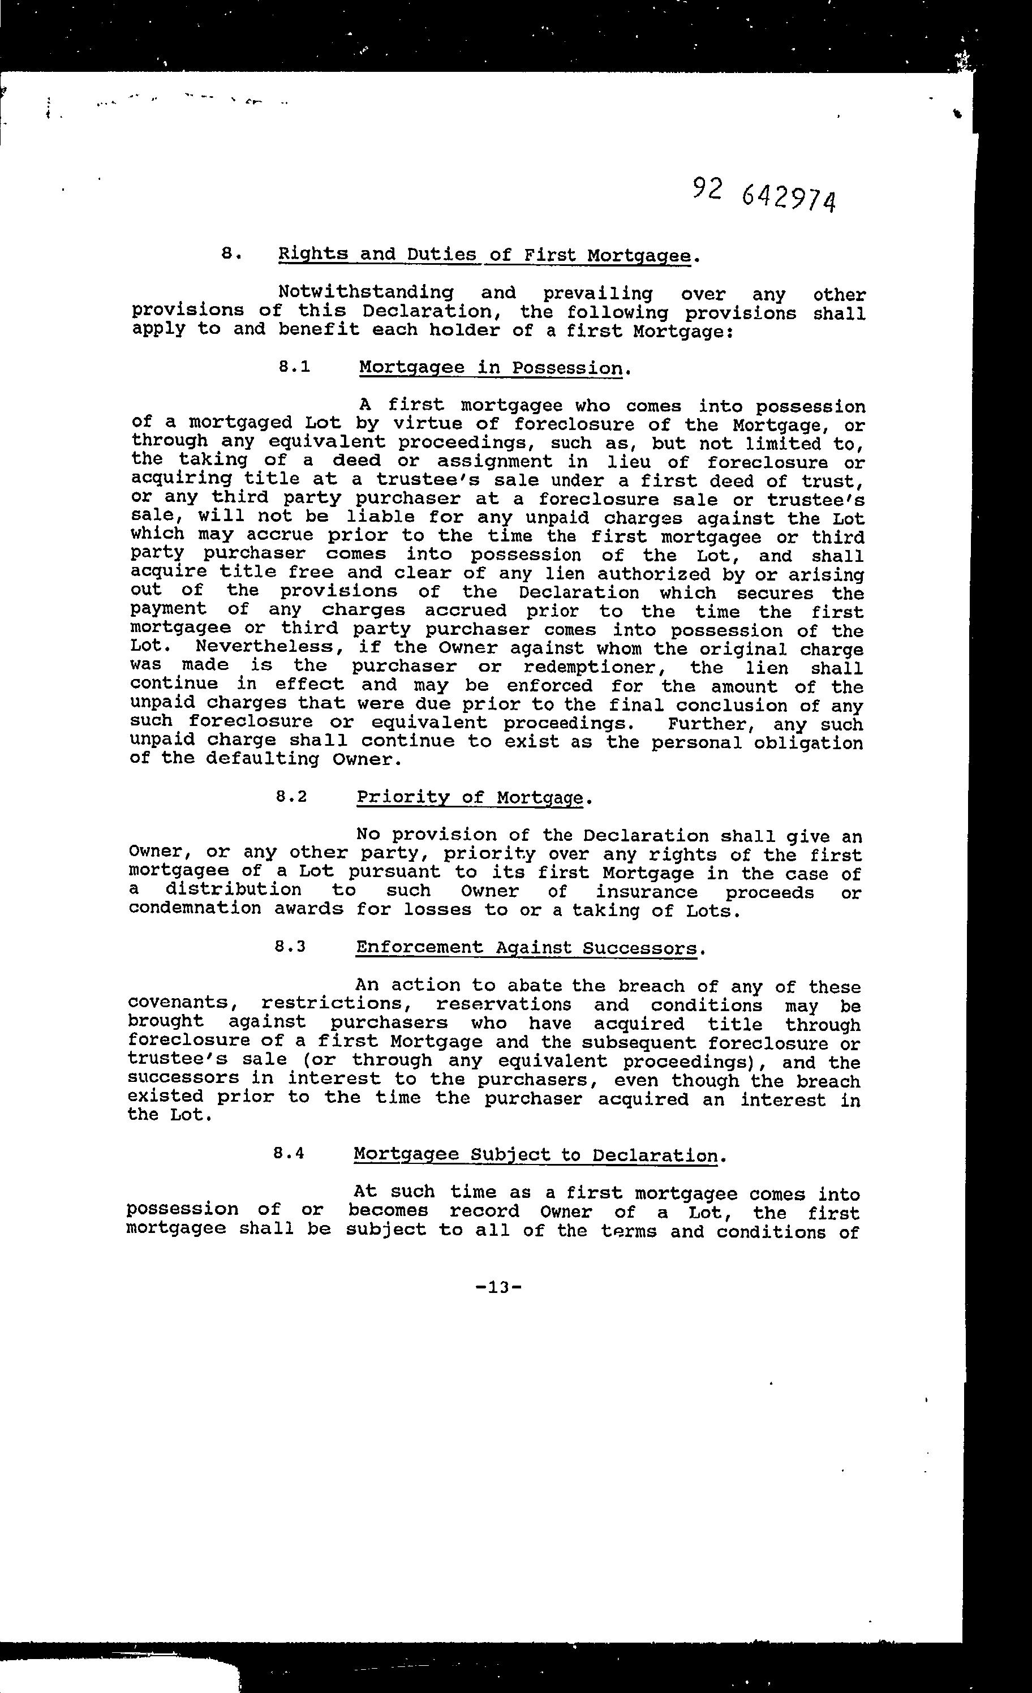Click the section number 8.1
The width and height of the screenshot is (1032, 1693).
pyautogui.click(x=294, y=367)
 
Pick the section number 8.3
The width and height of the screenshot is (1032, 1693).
pyautogui.click(x=289, y=947)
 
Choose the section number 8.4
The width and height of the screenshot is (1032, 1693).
pyautogui.click(x=288, y=1154)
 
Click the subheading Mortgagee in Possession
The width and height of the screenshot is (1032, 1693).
pyautogui.click(x=491, y=368)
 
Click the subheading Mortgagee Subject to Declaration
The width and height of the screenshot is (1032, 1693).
pyautogui.click(x=535, y=1154)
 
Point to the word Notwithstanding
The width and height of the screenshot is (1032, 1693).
pyautogui.click(x=365, y=293)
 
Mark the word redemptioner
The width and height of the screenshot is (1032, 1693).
pyautogui.click(x=599, y=667)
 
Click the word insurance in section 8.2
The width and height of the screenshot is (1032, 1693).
pyautogui.click(x=646, y=891)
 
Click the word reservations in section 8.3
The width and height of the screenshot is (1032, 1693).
pyautogui.click(x=503, y=1004)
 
